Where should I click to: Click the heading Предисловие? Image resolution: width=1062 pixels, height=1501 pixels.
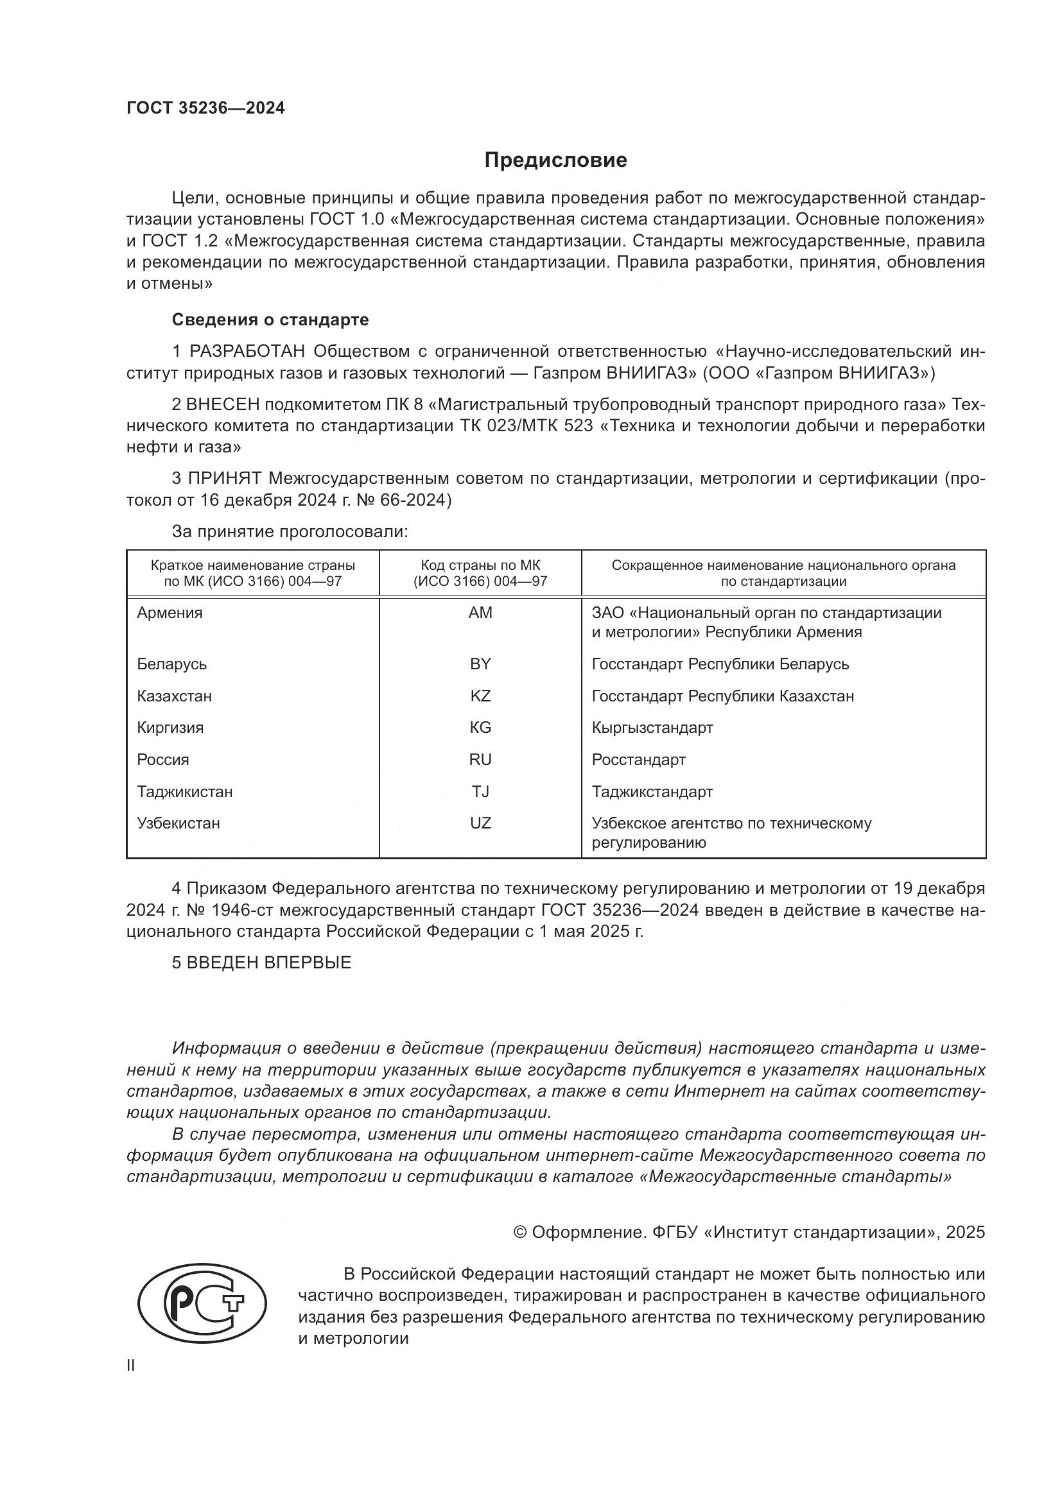click(555, 160)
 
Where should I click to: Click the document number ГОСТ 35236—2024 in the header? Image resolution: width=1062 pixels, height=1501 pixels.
click(205, 108)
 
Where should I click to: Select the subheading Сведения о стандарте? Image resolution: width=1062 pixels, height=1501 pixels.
click(270, 320)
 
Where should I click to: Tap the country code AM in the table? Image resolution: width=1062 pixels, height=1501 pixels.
click(480, 613)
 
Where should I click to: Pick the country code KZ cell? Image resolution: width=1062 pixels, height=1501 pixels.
click(480, 696)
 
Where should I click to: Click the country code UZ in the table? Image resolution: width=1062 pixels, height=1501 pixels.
click(480, 823)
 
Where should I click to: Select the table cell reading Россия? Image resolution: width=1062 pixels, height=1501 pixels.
click(163, 760)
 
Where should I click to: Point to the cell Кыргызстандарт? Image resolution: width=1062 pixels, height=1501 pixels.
click(652, 728)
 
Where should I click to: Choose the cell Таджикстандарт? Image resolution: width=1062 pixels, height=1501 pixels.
click(652, 792)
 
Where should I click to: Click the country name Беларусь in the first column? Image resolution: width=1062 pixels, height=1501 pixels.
click(171, 664)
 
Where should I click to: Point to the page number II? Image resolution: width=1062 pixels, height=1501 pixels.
click(131, 1366)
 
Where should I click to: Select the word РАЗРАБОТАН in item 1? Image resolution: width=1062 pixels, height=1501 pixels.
click(247, 352)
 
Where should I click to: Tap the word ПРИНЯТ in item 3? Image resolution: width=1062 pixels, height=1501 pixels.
click(225, 479)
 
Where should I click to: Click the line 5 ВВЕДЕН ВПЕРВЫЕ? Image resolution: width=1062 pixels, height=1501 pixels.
click(261, 963)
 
